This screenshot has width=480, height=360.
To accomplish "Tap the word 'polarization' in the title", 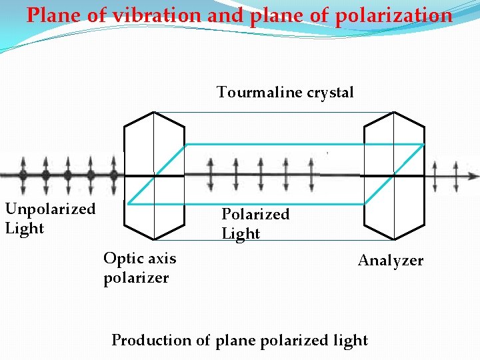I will [x=393, y=15].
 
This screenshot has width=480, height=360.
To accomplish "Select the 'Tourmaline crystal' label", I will [x=285, y=92].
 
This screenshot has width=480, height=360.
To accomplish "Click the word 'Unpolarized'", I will [x=51, y=209].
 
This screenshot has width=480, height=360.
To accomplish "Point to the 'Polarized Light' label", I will [x=255, y=223].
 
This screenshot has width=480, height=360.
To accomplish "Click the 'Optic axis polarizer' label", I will [x=139, y=267].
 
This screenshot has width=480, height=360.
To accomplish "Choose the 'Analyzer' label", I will [x=390, y=261].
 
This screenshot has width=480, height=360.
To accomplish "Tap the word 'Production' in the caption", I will [x=151, y=340].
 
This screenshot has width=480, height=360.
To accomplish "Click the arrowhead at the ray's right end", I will [x=474, y=176].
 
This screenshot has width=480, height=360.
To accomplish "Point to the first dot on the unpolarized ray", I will [x=23, y=175].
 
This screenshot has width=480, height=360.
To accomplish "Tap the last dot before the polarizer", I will [x=113, y=175].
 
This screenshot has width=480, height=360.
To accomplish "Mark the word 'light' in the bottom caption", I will [x=350, y=340].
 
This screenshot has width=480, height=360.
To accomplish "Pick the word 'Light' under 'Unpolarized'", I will [x=25, y=228].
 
